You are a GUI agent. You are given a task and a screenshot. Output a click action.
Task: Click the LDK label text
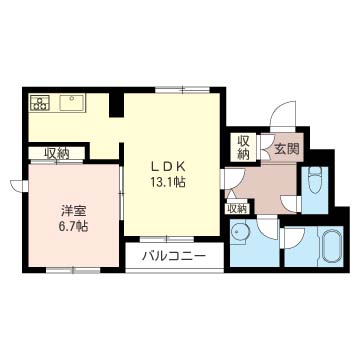tap(168, 166)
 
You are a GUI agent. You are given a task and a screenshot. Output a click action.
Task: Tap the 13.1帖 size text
tap(168, 182)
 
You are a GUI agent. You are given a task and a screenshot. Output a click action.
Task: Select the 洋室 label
tap(73, 211)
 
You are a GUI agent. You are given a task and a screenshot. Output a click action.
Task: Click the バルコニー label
tap(174, 256)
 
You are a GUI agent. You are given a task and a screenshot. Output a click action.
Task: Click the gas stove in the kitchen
tap(40, 102)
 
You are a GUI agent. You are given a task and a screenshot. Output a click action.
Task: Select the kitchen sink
tap(71, 102)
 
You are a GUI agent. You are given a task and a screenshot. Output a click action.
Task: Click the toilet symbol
tap(315, 180)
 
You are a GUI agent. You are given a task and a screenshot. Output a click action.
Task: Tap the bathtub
tap(331, 246)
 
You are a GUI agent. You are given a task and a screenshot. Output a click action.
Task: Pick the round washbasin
tap(239, 231)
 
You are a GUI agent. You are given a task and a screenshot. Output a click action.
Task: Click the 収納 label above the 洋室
tap(57, 154)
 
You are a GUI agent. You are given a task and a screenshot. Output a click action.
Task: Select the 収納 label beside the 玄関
tap(244, 148)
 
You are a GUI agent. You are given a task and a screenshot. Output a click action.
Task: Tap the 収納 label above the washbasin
tap(237, 209)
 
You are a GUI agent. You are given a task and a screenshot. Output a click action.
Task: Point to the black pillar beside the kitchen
tap(116, 105)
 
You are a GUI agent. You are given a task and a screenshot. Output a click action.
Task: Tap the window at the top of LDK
tap(182, 90)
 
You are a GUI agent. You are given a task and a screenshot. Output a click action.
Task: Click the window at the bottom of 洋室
tap(73, 269)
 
